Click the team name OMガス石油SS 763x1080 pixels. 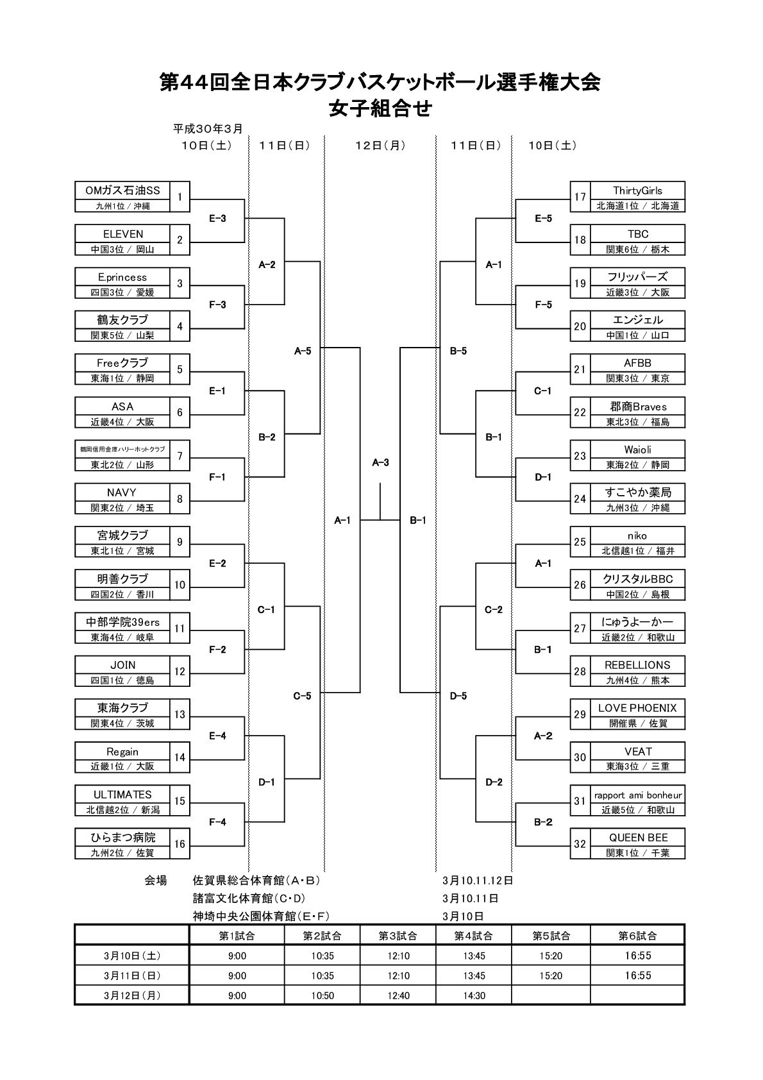click(122, 190)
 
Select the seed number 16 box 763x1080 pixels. click(180, 844)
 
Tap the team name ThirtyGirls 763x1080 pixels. click(637, 190)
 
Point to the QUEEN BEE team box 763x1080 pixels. click(637, 838)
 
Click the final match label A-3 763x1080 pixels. click(381, 462)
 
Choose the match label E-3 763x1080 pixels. click(217, 219)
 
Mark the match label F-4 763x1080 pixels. click(217, 822)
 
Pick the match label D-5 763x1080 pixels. click(458, 696)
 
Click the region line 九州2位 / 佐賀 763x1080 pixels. click(122, 853)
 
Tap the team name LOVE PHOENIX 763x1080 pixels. click(637, 708)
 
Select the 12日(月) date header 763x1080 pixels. click(381, 146)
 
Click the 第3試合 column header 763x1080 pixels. click(398, 936)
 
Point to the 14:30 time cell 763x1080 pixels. click(473, 995)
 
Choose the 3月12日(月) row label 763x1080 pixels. click(132, 995)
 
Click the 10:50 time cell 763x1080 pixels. click(323, 995)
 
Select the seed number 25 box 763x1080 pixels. click(580, 542)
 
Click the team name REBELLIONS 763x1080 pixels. click(637, 665)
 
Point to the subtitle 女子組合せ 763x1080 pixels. click(380, 109)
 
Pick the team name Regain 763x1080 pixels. click(122, 752)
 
